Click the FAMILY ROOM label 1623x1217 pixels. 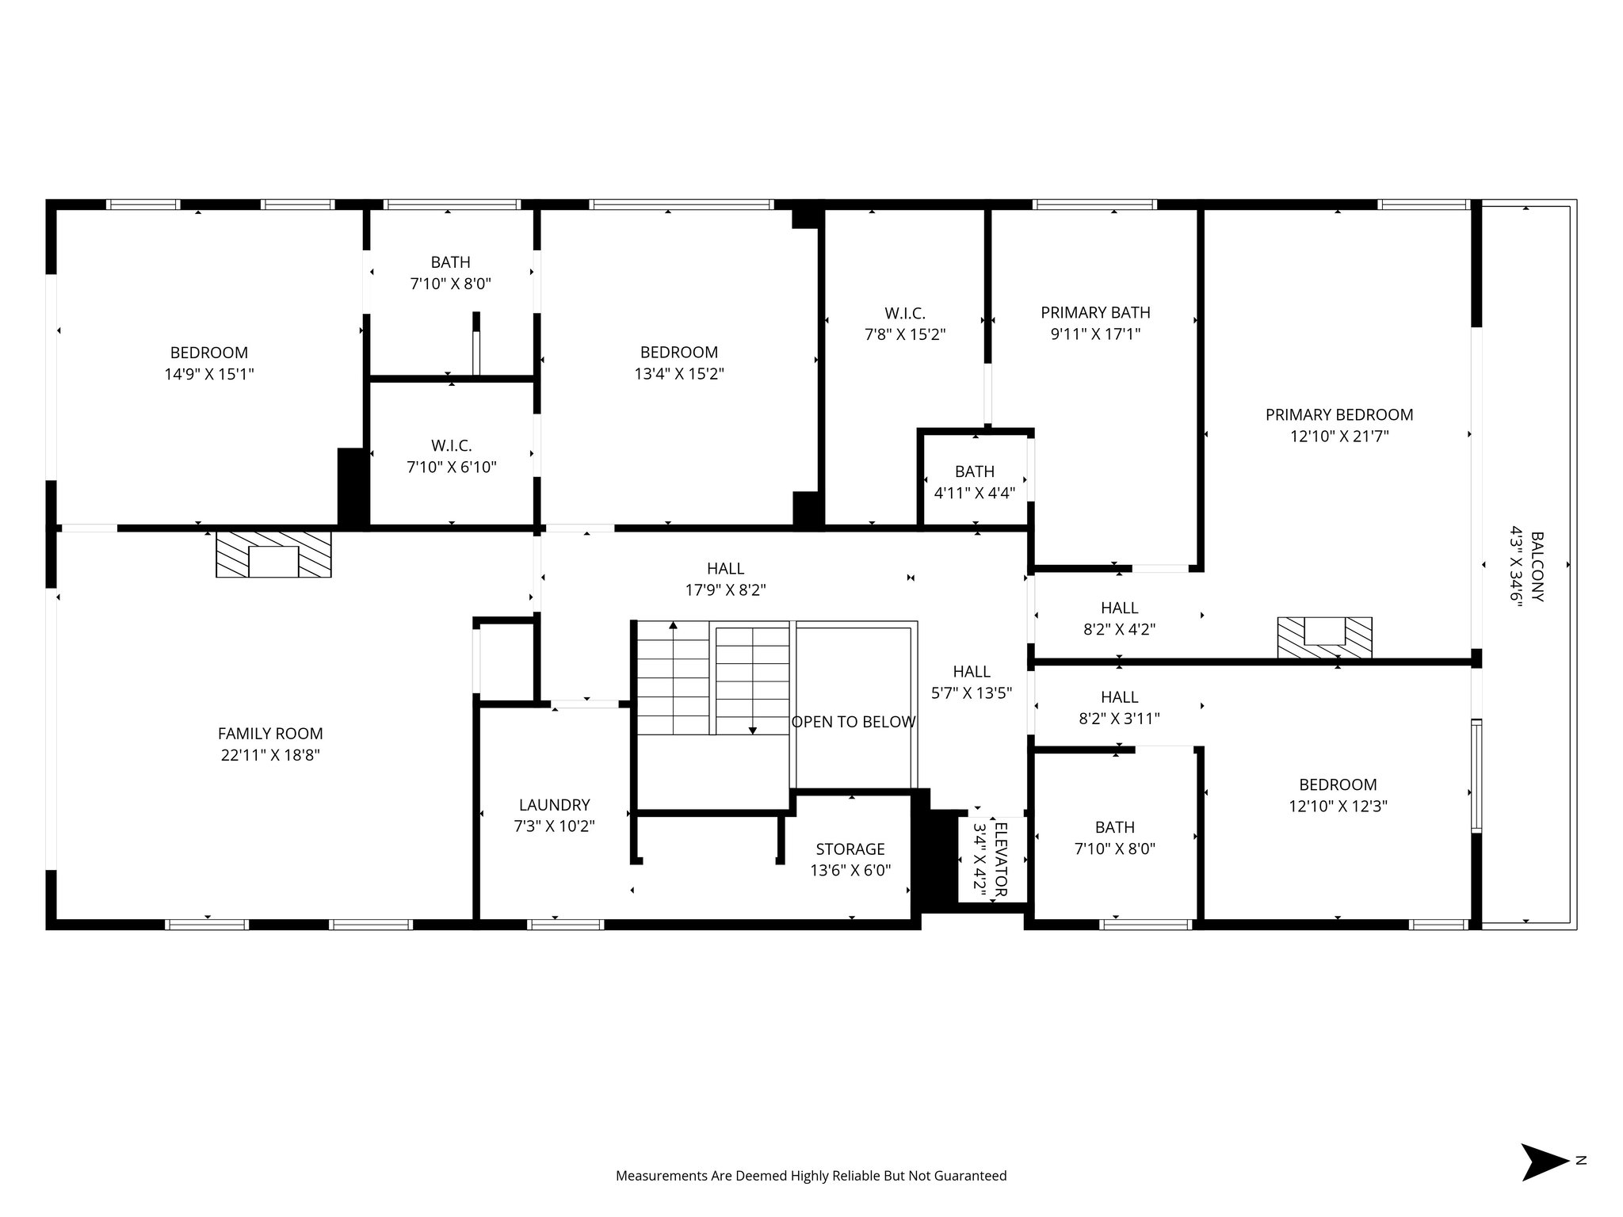tap(270, 734)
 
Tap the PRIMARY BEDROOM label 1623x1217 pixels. tap(1338, 414)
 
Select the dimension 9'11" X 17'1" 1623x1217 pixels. tap(1095, 334)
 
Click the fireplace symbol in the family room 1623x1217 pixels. tap(273, 554)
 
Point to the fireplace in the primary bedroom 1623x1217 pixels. tap(1324, 636)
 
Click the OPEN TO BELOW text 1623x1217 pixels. tap(853, 722)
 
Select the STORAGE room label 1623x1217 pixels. tap(850, 849)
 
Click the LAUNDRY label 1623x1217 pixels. tap(554, 805)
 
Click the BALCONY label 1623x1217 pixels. tap(1537, 567)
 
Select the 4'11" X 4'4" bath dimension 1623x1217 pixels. tap(974, 493)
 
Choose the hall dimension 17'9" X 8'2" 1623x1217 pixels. tap(725, 589)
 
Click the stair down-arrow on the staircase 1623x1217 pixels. tap(752, 729)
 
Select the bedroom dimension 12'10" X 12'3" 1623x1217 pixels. tap(1338, 806)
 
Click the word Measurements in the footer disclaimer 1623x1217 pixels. tap(661, 1176)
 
